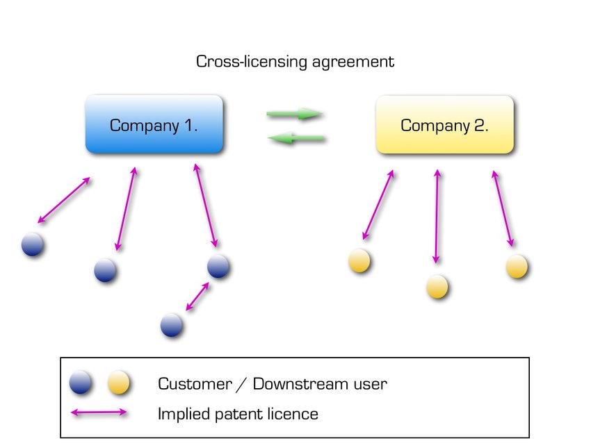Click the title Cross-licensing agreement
(x=295, y=61)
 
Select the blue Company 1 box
(x=154, y=125)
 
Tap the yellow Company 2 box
(x=444, y=125)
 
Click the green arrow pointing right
(x=295, y=114)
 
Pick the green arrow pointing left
(x=297, y=139)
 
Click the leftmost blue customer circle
(x=32, y=245)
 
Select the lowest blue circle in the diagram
(x=172, y=325)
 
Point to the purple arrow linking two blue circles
(x=197, y=296)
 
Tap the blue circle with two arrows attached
(x=218, y=266)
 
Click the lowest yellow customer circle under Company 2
(x=437, y=286)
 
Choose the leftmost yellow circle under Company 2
(x=359, y=261)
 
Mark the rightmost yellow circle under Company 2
(x=517, y=266)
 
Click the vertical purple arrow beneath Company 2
(x=437, y=216)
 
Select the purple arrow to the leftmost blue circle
(x=64, y=201)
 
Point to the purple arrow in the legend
(x=99, y=413)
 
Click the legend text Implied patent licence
(x=238, y=415)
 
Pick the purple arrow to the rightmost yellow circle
(x=503, y=208)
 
